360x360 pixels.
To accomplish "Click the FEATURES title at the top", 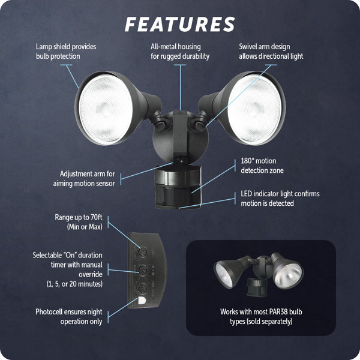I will (180, 23).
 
